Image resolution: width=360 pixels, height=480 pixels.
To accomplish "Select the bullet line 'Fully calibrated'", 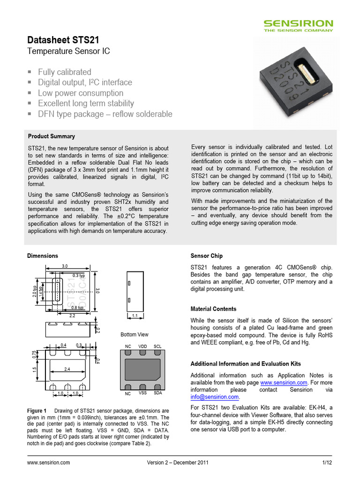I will [64, 72].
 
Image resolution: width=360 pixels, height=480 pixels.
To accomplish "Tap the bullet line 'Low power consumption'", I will [80, 93].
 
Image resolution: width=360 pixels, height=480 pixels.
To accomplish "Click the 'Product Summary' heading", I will [51, 136].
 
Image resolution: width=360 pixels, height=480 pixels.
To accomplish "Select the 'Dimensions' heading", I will [43, 256].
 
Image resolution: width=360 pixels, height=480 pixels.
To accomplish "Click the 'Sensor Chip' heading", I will [206, 256].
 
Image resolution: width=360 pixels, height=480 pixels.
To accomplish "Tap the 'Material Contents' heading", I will [213, 309].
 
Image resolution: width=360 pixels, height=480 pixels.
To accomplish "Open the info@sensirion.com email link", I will [215, 397].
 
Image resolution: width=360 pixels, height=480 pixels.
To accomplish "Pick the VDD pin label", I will [143, 346].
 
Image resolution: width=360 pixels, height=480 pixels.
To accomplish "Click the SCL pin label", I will [157, 346].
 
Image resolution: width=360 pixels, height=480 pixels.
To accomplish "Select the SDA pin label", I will [158, 393].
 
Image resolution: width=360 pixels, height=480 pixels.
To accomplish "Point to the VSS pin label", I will [143, 393].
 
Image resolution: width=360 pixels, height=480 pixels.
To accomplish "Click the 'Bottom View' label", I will [135, 335].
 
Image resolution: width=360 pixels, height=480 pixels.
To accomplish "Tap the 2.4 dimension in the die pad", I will [67, 369].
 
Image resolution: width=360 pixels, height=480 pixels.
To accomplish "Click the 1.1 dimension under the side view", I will [135, 316].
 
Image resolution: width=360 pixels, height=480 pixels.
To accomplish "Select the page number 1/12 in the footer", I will [327, 463].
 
